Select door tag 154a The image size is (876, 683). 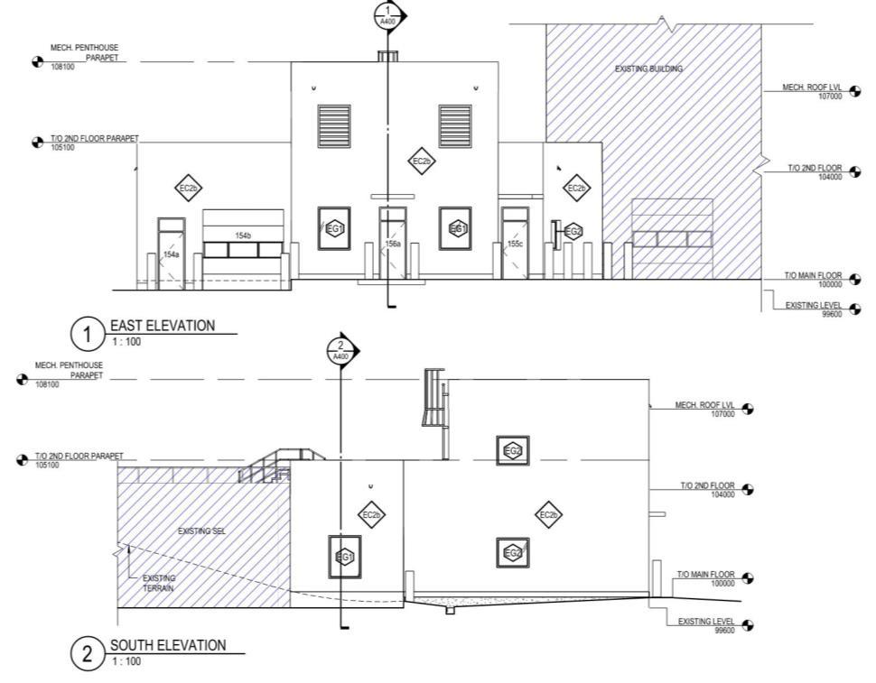coord(171,255)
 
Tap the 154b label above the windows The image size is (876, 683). coord(243,235)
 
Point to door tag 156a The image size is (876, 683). coord(393,245)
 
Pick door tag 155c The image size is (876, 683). coord(515,245)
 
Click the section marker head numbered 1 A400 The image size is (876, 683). coord(388,15)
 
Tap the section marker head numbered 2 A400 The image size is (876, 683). coord(340,350)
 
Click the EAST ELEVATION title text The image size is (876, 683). coord(163,326)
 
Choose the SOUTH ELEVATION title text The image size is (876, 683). coord(168,645)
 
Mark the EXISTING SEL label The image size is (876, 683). coord(201,531)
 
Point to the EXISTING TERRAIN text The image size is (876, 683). coord(159,583)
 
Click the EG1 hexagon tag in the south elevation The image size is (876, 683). coord(344,558)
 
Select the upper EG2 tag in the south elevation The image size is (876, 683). coord(513,450)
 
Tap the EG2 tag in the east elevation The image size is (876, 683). coord(573,232)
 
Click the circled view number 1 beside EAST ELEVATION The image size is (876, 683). coord(88,336)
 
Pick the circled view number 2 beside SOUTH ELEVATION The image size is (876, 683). coord(88,655)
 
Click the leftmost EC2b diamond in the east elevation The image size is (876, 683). coord(188,188)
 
